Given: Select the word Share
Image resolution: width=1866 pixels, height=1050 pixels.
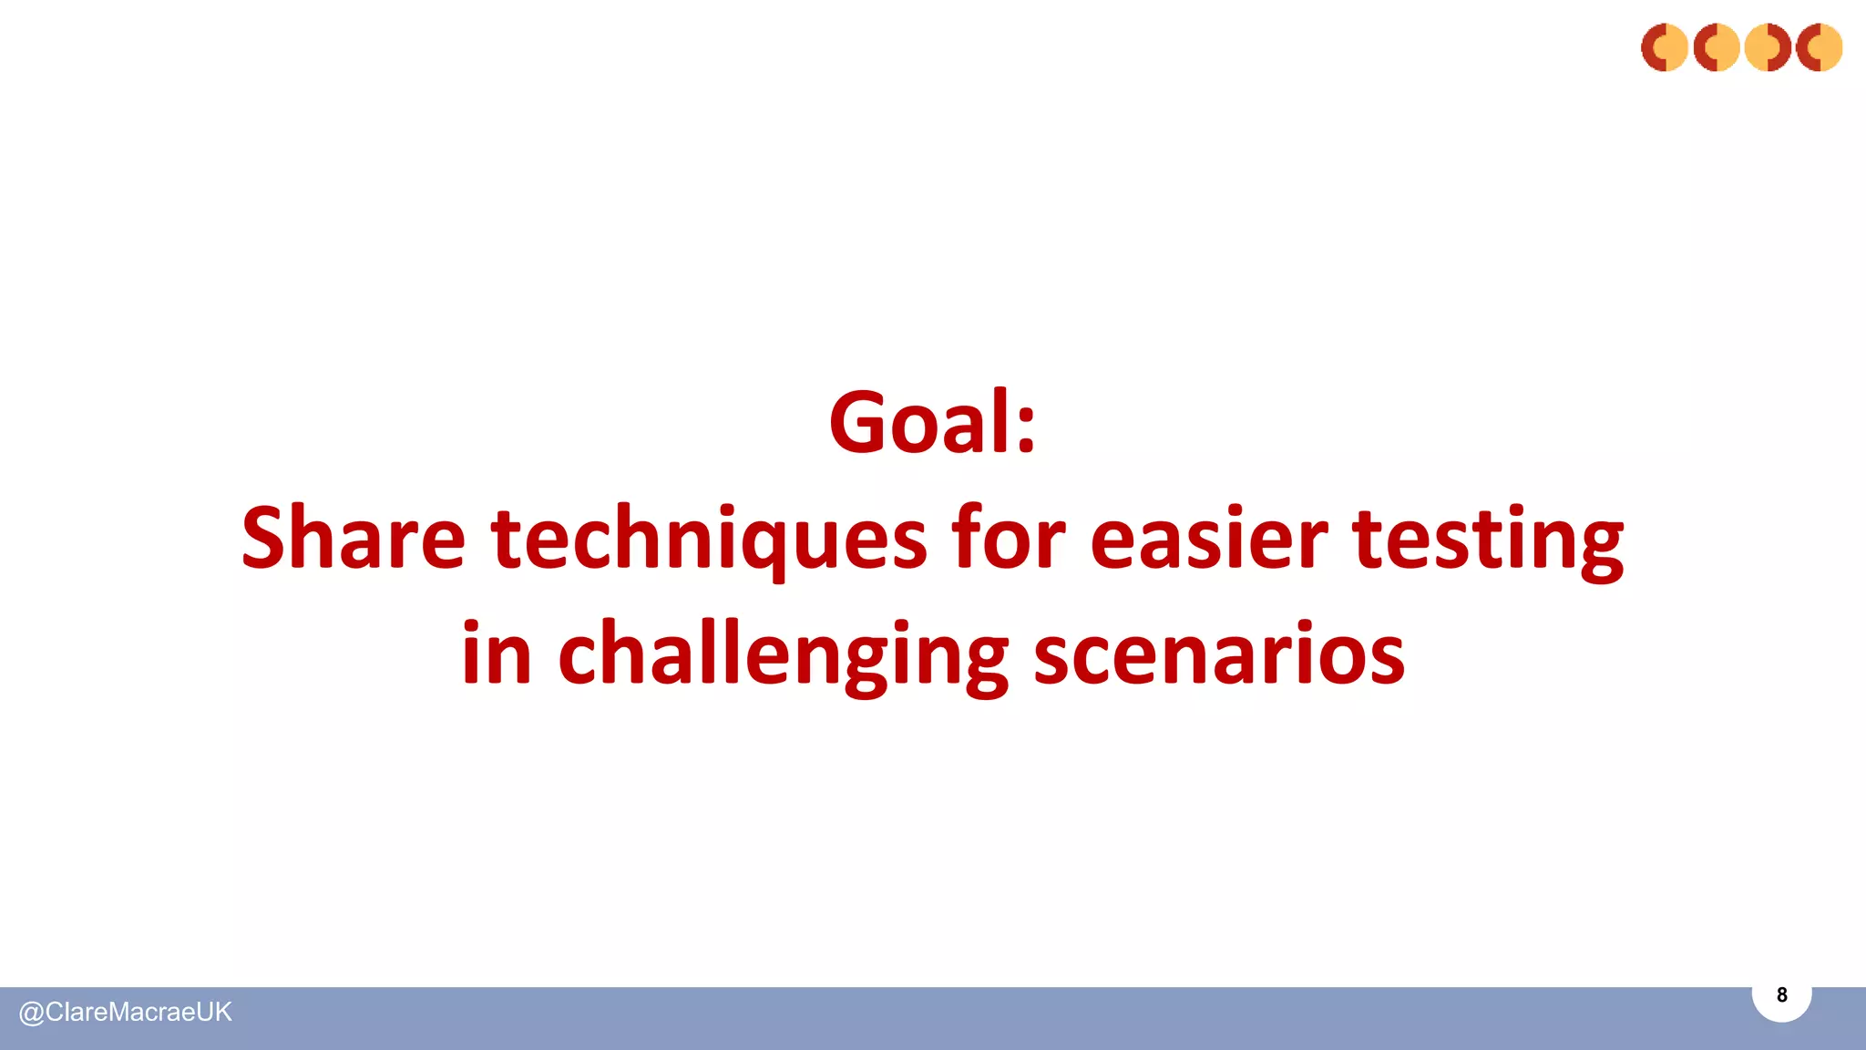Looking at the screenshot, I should [354, 539].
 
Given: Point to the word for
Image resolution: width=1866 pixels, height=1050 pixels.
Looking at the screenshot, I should [1008, 539].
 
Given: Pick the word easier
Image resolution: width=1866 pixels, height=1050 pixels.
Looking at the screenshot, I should [1208, 540].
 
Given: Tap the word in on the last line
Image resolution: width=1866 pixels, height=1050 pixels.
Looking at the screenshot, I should [497, 654].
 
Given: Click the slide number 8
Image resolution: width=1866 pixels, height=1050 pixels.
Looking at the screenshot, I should [1781, 995].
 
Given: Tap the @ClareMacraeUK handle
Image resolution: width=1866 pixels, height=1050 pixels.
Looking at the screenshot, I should [126, 1013].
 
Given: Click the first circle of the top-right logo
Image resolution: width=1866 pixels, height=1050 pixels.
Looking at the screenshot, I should [1665, 47].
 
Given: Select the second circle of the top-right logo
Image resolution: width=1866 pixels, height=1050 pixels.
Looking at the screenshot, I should [1717, 47].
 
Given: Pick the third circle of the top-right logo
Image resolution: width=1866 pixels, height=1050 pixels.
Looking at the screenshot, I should [1768, 47].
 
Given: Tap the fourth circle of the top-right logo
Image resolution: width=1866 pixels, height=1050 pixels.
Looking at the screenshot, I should [1820, 47].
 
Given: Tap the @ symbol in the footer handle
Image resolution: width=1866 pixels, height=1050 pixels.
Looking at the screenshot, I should [31, 1014].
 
